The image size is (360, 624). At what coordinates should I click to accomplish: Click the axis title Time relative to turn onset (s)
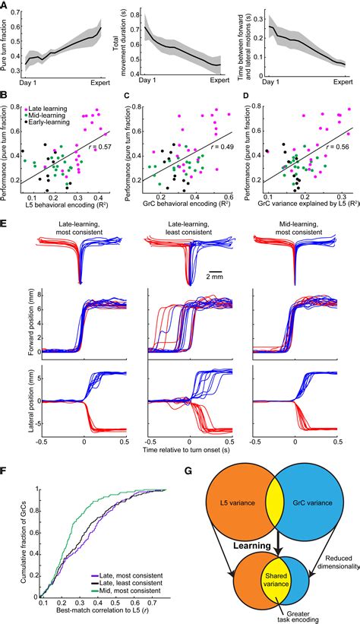pyautogui.click(x=179, y=451)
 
